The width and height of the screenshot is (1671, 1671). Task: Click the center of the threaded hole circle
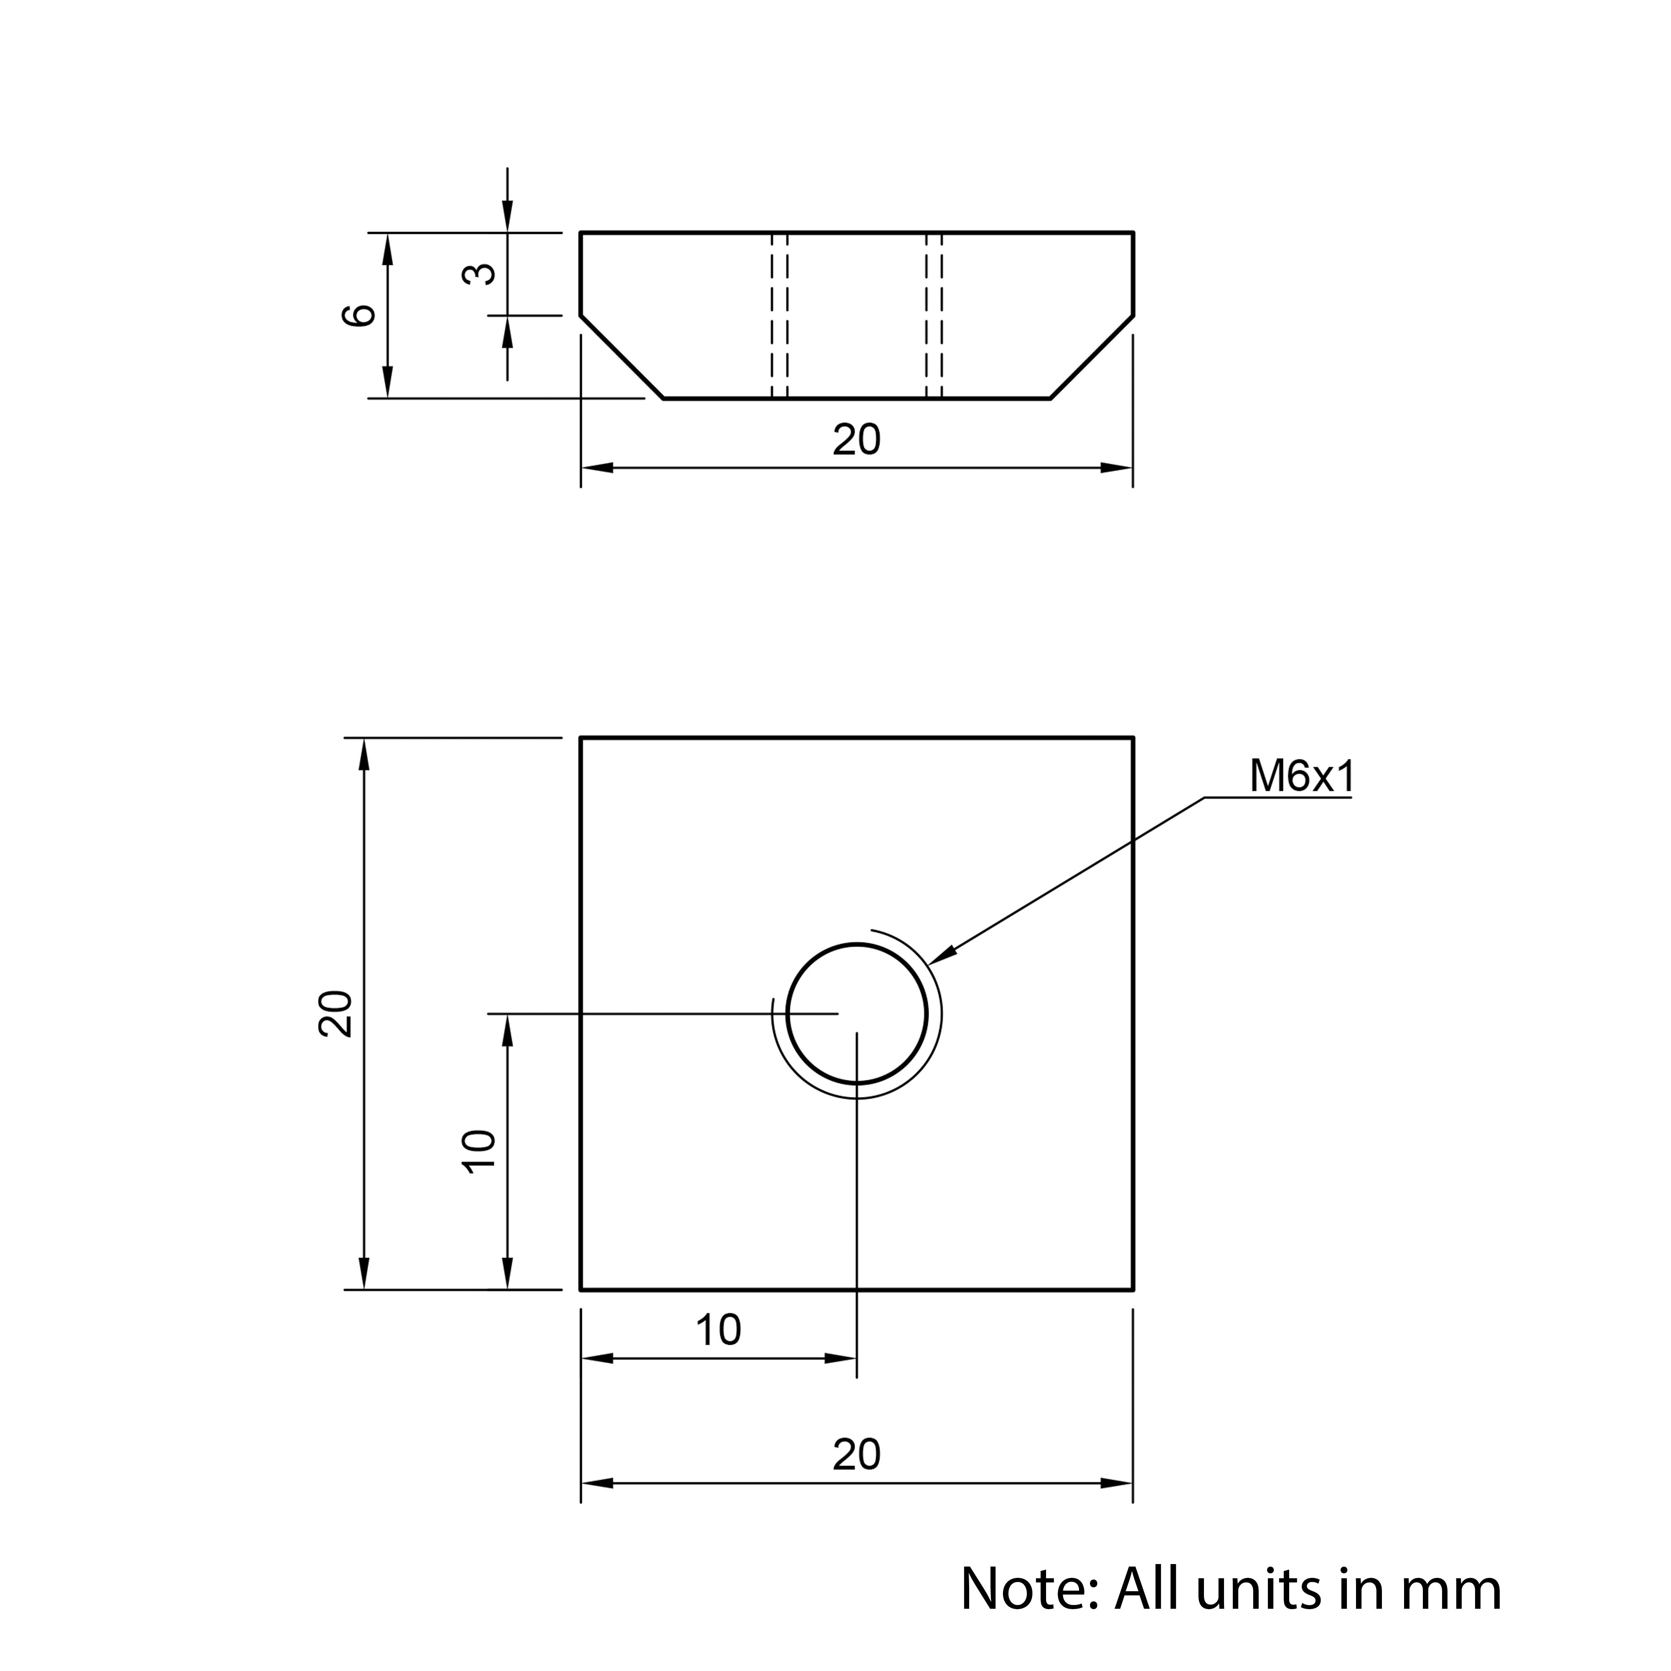tap(856, 1014)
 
